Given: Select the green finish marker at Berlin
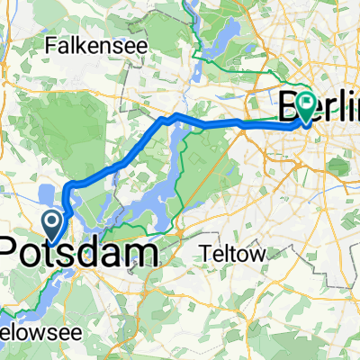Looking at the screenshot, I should coord(307,106).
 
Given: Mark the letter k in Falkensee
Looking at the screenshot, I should coord(76,43).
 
